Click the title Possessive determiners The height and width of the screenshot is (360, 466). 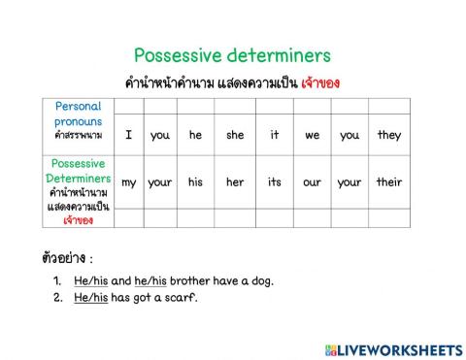[232, 55]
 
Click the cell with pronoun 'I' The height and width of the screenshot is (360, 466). [128, 135]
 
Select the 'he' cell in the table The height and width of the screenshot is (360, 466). [196, 135]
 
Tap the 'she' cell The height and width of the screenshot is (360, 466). [236, 135]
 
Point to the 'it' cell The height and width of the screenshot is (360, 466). [275, 135]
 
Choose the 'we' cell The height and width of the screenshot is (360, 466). [312, 135]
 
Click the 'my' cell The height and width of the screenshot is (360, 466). [128, 181]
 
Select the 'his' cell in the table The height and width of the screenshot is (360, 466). [196, 181]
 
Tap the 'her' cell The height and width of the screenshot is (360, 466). [236, 181]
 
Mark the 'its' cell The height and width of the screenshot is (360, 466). [275, 181]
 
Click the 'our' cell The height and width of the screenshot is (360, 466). [312, 181]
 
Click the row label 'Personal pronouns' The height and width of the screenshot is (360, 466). [79, 119]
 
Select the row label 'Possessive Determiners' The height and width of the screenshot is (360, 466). [79, 172]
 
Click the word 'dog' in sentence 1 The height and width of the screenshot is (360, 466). [260, 281]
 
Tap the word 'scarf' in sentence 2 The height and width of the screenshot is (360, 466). [179, 298]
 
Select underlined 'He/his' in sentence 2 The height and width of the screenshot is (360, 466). [90, 298]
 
